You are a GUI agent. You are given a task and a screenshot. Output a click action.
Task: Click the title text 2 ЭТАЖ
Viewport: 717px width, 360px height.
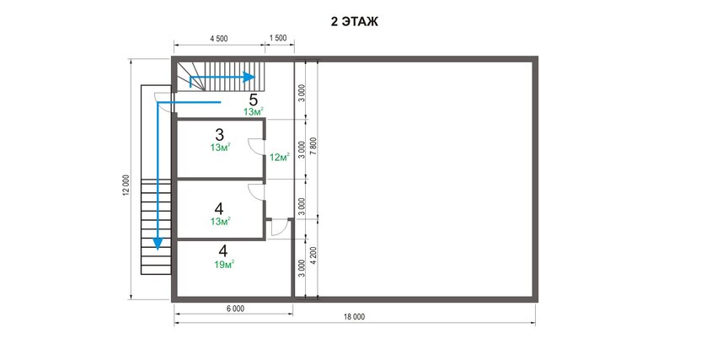click(355, 22)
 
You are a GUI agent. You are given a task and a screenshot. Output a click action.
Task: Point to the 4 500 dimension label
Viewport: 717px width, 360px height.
click(219, 39)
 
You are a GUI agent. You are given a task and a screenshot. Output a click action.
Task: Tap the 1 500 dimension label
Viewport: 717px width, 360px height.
click(278, 38)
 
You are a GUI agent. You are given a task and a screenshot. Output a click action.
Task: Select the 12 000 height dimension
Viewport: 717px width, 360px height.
click(126, 185)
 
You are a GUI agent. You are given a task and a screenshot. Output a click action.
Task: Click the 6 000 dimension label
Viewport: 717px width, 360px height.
click(235, 309)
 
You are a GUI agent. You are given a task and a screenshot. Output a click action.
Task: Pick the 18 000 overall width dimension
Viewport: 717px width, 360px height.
click(354, 316)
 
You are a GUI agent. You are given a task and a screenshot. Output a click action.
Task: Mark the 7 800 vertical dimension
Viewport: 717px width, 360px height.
click(313, 148)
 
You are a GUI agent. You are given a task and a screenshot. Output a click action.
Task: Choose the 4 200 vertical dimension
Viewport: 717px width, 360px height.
click(313, 256)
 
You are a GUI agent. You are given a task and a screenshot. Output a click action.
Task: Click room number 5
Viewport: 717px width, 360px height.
click(253, 100)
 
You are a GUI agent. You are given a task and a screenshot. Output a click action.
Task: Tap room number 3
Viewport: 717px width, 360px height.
click(220, 135)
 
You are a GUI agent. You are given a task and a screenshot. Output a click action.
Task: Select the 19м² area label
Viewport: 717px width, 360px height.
click(224, 264)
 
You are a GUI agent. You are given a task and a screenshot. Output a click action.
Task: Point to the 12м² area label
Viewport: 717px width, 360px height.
click(280, 158)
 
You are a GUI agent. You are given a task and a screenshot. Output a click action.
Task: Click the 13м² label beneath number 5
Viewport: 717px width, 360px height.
click(254, 111)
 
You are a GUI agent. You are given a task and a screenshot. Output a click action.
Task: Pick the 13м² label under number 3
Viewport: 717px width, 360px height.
click(220, 148)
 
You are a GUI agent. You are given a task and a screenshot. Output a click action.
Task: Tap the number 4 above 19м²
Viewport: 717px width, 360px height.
click(223, 251)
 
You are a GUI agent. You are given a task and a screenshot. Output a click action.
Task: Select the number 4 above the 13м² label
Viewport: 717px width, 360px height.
click(219, 209)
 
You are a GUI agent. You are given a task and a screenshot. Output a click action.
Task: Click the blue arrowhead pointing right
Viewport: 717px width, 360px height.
click(249, 77)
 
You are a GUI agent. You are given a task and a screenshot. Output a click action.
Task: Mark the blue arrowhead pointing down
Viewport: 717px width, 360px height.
click(158, 244)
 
